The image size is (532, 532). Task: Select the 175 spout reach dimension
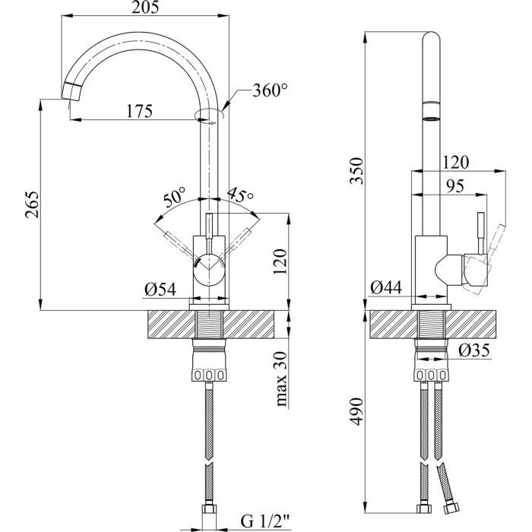140,111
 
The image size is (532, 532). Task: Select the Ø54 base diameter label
159,289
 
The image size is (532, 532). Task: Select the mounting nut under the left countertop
210,365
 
